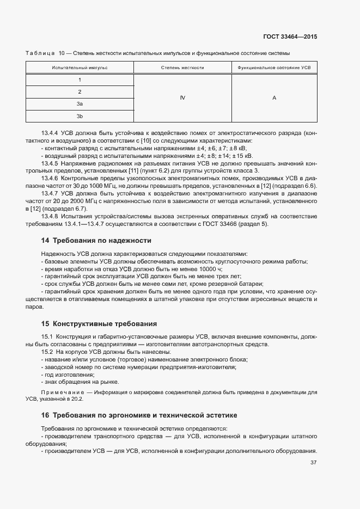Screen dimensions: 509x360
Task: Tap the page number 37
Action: (313, 463)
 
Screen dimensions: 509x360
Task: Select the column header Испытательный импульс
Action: (80, 68)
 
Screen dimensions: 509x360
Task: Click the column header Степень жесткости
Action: (182, 68)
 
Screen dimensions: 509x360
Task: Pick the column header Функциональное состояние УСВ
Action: (274, 68)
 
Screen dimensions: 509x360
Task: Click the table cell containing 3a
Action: (80, 104)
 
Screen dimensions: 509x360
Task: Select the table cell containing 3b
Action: (80, 116)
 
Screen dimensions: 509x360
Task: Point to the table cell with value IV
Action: (182, 98)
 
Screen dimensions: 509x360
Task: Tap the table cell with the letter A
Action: (274, 98)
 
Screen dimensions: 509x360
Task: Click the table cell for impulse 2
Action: (80, 92)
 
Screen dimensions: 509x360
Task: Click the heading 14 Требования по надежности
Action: (96, 240)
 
